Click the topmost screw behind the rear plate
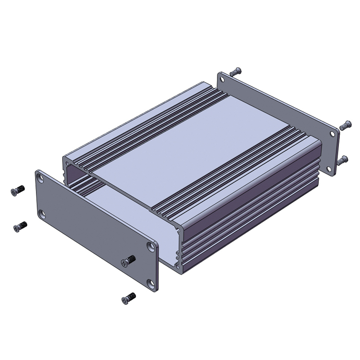pos(235,72)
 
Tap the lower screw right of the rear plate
pos(342,160)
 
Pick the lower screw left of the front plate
pos(20,226)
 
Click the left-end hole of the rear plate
pos(222,78)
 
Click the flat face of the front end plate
pos(96,230)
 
